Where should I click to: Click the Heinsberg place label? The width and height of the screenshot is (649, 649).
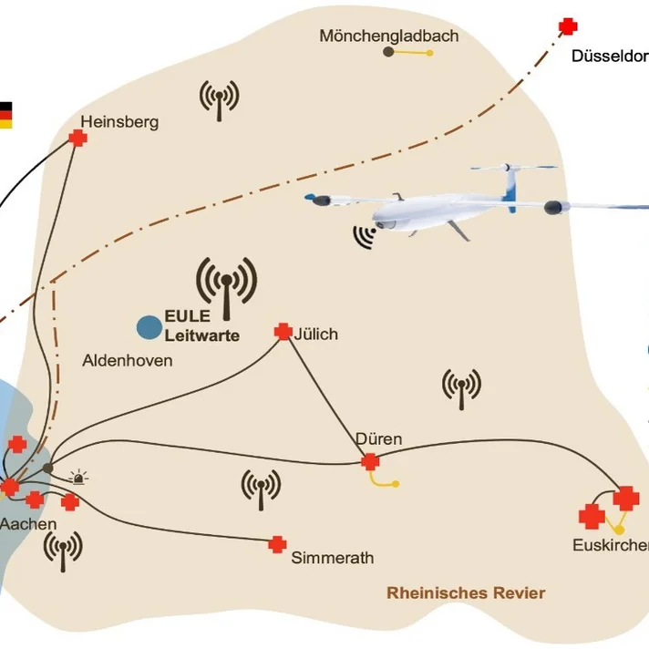(119, 121)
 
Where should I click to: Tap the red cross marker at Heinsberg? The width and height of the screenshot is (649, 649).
(78, 138)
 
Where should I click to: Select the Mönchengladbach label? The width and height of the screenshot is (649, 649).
(388, 36)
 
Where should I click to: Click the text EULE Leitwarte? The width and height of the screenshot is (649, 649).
(201, 326)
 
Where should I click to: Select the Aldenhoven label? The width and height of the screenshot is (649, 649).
(127, 361)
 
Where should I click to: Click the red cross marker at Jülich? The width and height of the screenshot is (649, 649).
(283, 333)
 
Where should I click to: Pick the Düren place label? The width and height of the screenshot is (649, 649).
(378, 439)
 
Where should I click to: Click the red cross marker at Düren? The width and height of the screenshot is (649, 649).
(369, 462)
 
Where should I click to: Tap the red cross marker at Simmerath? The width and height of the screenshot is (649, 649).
(278, 544)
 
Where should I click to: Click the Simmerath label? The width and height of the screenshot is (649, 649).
(332, 558)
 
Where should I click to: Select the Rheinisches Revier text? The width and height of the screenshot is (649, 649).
(466, 593)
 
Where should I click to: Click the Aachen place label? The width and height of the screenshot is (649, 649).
(28, 524)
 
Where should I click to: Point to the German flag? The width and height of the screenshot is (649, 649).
(5, 115)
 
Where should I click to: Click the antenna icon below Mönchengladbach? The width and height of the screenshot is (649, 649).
(219, 99)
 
